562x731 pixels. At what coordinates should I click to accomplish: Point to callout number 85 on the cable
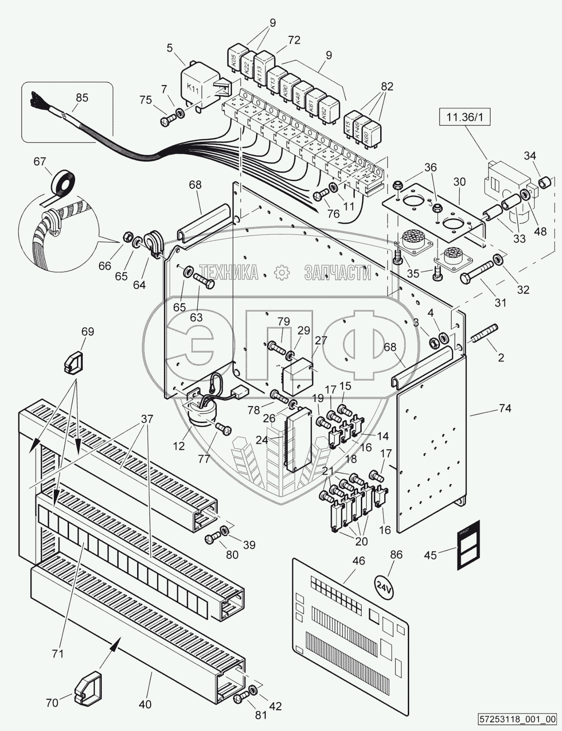point(82,98)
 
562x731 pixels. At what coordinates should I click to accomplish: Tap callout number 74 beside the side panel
point(505,408)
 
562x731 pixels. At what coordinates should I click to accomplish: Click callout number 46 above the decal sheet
point(359,561)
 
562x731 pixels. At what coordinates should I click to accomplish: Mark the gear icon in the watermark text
point(281,273)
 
